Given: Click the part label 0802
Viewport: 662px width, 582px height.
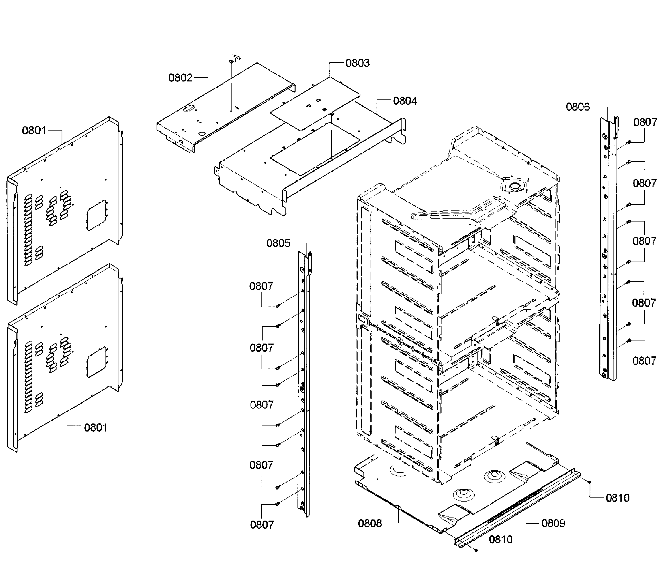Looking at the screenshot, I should point(180,78).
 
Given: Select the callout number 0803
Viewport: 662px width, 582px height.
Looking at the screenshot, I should point(357,63).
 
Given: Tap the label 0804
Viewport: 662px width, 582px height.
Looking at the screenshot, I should point(405,101).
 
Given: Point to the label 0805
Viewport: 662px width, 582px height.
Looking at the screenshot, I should point(278,243).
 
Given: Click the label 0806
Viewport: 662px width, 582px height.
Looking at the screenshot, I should point(578,107).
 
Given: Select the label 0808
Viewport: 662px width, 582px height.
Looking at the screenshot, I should point(370,523).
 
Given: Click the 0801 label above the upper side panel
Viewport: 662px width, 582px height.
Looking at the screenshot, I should point(34,131).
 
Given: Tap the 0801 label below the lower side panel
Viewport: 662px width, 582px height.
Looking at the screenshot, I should point(95,428).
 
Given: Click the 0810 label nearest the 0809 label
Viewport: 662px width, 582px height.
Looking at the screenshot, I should point(617,498).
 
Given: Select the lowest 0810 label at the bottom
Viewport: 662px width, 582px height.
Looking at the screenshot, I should point(500,540).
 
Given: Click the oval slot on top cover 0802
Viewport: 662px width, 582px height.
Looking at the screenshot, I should point(188,110).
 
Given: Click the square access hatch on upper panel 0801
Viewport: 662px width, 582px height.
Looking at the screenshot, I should point(97,215).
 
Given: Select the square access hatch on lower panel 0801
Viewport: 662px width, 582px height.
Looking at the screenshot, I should point(97,362).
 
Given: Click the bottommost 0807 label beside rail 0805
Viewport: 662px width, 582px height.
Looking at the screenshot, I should point(262,525).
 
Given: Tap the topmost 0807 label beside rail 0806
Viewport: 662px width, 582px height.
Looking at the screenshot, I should point(645,123).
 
